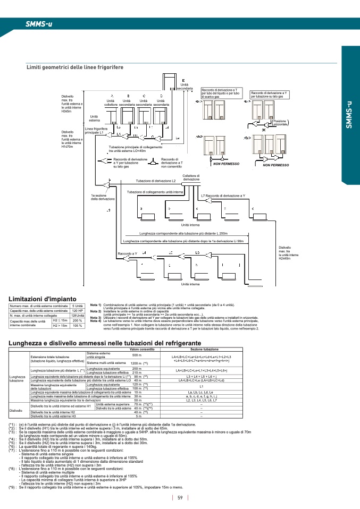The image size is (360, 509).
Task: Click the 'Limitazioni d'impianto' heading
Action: tap(43, 299)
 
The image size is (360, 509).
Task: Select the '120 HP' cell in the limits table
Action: tap(78, 310)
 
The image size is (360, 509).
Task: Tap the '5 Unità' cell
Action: tap(78, 306)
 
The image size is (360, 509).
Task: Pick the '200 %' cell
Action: tap(78, 320)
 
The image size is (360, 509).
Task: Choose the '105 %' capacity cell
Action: tap(78, 325)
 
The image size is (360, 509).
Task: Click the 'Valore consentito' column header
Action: tap(142, 349)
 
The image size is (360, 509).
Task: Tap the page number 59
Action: tap(180, 497)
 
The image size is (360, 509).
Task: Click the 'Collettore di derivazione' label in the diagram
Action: tap(191, 177)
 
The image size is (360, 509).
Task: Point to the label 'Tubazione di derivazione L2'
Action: tap(160, 181)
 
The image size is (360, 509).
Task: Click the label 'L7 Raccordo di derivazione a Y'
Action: tap(223, 196)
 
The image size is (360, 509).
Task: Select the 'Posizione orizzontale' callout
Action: tap(280, 122)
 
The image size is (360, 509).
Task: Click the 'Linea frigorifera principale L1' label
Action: tap(96, 131)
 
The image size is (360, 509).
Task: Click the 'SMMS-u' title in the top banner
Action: tap(38, 24)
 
